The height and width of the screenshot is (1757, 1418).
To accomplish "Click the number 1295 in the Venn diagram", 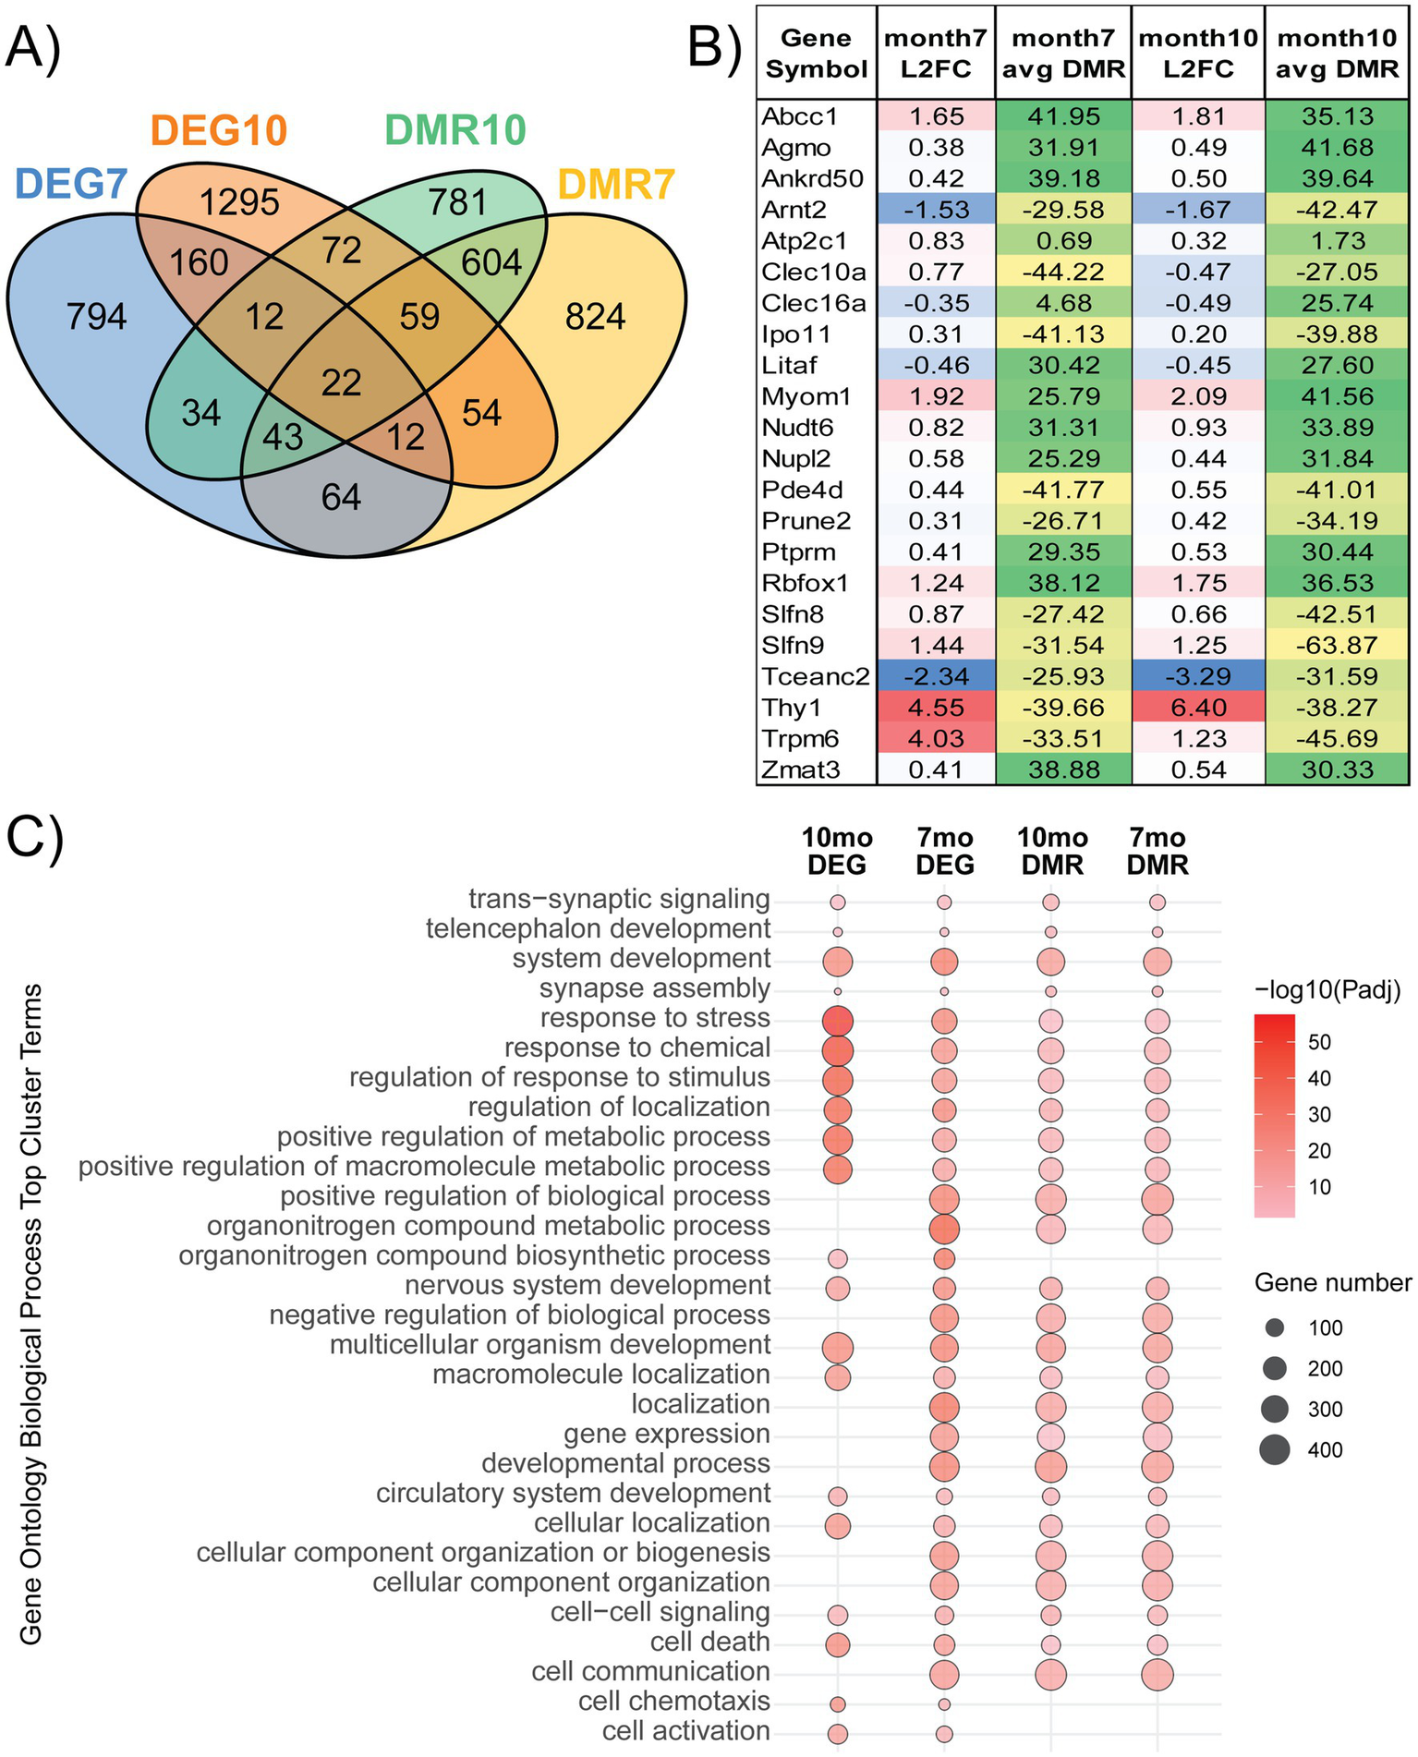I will (240, 201).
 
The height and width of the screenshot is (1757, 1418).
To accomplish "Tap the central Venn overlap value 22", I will (341, 382).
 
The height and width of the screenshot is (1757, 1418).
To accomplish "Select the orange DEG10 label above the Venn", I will (219, 130).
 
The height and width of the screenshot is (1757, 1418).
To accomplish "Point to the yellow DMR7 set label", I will (616, 186).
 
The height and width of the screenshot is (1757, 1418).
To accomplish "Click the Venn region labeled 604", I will (491, 262).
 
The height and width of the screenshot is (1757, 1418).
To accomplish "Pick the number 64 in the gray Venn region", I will (341, 497).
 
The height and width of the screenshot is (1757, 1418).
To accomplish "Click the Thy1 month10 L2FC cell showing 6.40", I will (1198, 708).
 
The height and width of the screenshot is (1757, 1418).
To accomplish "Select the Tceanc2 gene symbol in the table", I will (815, 676).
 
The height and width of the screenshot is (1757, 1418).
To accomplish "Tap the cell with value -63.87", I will (1337, 645).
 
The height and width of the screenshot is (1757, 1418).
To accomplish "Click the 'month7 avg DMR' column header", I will (1063, 53).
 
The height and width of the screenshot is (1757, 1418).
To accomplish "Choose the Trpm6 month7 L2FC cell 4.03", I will (936, 739).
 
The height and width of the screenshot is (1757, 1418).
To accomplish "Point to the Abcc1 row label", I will (793, 116).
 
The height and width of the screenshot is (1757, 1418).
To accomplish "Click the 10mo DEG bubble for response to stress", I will (838, 1021).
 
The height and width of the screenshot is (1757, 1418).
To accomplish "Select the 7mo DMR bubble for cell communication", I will (1157, 1674).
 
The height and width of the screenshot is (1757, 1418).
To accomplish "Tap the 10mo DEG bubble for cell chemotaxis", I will (838, 1703).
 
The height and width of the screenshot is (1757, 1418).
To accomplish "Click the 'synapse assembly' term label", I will (654, 988).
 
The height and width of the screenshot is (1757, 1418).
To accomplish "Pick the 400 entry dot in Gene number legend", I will (1275, 1449).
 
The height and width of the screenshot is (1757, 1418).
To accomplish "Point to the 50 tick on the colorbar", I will (1319, 1042).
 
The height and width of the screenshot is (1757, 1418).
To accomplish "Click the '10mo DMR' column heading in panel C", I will (1052, 851).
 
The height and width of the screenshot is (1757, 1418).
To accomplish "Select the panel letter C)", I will (34, 838).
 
